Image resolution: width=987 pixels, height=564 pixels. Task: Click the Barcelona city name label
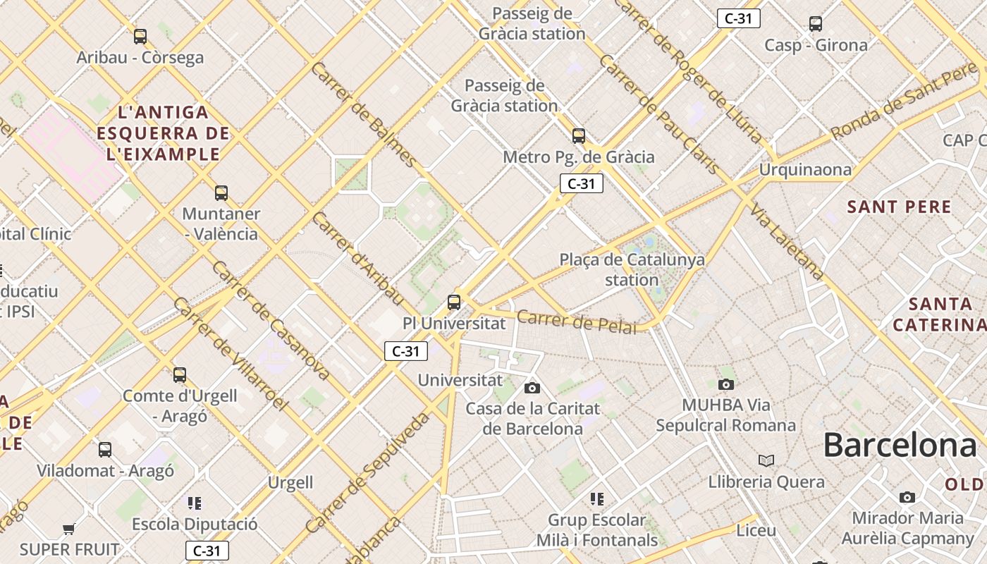click(900, 446)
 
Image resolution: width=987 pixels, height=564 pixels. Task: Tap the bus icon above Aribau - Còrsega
click(140, 36)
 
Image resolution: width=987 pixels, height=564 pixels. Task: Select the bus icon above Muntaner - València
click(221, 192)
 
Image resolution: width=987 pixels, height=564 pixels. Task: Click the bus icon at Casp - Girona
click(816, 24)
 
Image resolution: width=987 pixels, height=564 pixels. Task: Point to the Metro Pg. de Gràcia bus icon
click(579, 135)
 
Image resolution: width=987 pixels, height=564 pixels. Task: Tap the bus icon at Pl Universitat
click(454, 302)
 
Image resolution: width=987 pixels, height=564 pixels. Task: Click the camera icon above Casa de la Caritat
click(532, 388)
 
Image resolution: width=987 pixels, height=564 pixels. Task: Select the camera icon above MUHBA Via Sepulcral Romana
click(725, 384)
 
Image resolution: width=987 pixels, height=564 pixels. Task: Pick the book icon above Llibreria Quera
click(766, 460)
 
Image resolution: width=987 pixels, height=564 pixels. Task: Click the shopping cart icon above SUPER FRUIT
click(68, 529)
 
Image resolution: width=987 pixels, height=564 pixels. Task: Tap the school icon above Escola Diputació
click(195, 503)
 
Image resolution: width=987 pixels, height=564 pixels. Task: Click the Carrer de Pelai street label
click(576, 321)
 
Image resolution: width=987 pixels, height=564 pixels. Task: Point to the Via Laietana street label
click(787, 241)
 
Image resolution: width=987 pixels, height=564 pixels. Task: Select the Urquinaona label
click(805, 170)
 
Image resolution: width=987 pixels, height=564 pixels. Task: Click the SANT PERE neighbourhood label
click(899, 207)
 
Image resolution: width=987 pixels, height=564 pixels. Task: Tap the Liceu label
click(756, 530)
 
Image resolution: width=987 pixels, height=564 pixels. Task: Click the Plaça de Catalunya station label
click(632, 269)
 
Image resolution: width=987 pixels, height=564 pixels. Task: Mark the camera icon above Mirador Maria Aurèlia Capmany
click(907, 497)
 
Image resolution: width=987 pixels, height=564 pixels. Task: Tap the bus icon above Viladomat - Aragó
click(105, 449)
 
